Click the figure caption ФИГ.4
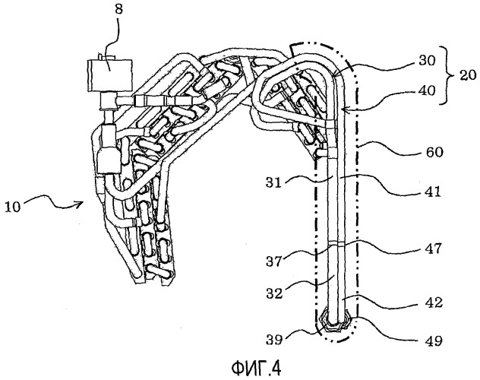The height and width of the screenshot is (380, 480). [240, 367]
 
